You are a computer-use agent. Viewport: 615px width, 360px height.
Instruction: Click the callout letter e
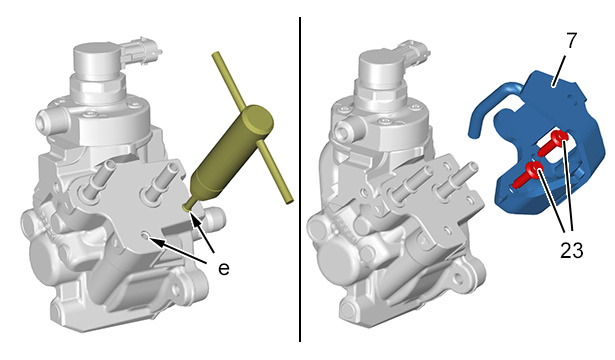[x=224, y=269]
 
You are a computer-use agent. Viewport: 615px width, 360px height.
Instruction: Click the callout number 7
[x=572, y=40]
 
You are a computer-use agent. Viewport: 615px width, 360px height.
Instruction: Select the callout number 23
[x=571, y=250]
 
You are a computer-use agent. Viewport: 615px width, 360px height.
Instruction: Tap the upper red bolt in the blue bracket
[x=553, y=142]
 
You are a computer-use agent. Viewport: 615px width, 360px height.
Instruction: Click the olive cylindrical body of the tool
[x=231, y=153]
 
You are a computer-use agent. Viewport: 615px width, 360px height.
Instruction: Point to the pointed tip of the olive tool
[x=186, y=207]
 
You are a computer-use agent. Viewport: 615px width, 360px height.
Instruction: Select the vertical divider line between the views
[x=300, y=180]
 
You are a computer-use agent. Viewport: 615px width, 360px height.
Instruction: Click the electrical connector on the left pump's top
[x=140, y=51]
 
